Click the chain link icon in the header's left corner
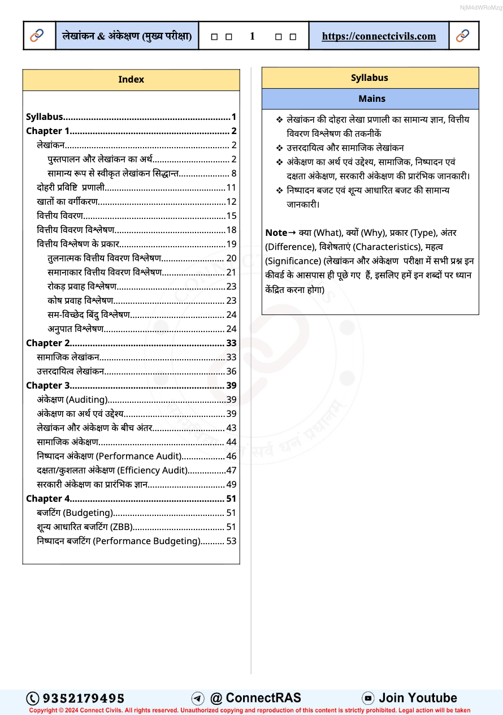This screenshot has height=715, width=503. [x=37, y=36]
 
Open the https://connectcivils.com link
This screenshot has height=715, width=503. [x=379, y=36]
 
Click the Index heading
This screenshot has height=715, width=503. [x=131, y=80]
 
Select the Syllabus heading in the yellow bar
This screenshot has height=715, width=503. [x=370, y=78]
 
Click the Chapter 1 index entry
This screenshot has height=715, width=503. [x=48, y=131]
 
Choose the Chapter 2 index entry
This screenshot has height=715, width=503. [x=48, y=343]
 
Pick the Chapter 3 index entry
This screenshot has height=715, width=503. [x=48, y=385]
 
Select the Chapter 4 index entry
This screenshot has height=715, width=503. [x=48, y=498]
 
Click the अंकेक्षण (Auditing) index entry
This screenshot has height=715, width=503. [x=72, y=399]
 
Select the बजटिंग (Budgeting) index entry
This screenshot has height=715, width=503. [x=75, y=512]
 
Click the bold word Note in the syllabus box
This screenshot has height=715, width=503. [x=276, y=232]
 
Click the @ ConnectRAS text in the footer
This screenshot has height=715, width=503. [x=255, y=698]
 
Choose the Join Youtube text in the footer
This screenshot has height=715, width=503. [x=418, y=698]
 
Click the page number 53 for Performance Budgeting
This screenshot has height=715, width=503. [x=231, y=541]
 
